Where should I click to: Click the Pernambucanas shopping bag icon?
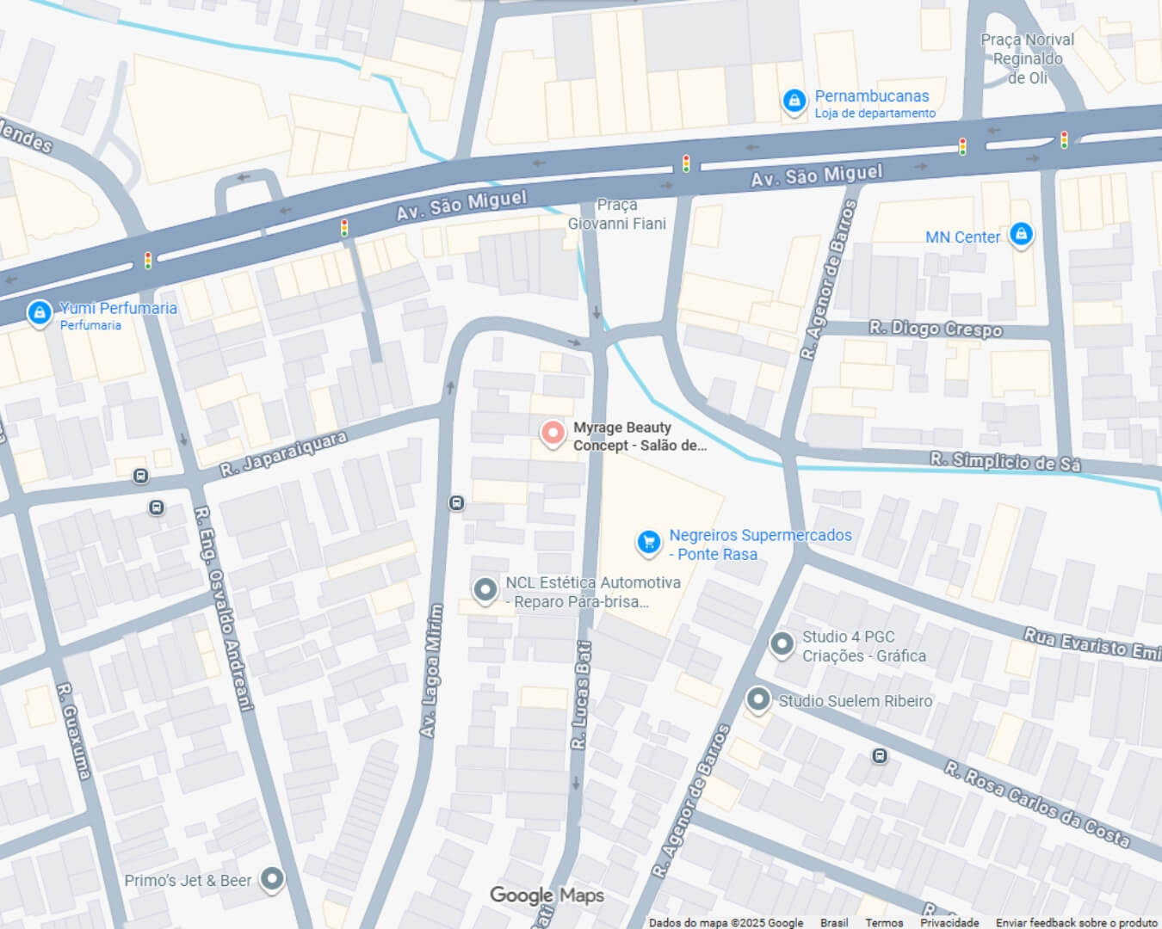pyautogui.click(x=794, y=101)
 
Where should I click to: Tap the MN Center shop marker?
pyautogui.click(x=1021, y=234)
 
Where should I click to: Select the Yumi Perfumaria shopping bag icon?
pyautogui.click(x=39, y=313)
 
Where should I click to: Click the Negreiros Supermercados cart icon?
pyautogui.click(x=648, y=541)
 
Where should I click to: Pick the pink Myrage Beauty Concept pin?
pyautogui.click(x=552, y=433)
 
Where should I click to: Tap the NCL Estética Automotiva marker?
pyautogui.click(x=485, y=590)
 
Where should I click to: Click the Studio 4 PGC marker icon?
pyautogui.click(x=782, y=643)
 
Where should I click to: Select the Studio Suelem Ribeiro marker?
pyautogui.click(x=757, y=700)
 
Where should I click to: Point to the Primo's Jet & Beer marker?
pyautogui.click(x=272, y=879)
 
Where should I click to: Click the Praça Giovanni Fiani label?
pyautogui.click(x=617, y=214)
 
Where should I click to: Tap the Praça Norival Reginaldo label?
pyautogui.click(x=1028, y=58)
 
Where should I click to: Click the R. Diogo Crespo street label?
pyautogui.click(x=936, y=329)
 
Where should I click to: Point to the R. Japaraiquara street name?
pyautogui.click(x=283, y=454)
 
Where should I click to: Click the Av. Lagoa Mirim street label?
pyautogui.click(x=431, y=671)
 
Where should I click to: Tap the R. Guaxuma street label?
pyautogui.click(x=73, y=730)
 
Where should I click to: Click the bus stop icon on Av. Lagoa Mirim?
pyautogui.click(x=457, y=502)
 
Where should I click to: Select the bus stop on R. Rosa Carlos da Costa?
pyautogui.click(x=879, y=755)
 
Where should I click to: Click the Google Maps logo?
pyautogui.click(x=547, y=895)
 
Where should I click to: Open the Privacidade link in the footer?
pyautogui.click(x=949, y=922)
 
